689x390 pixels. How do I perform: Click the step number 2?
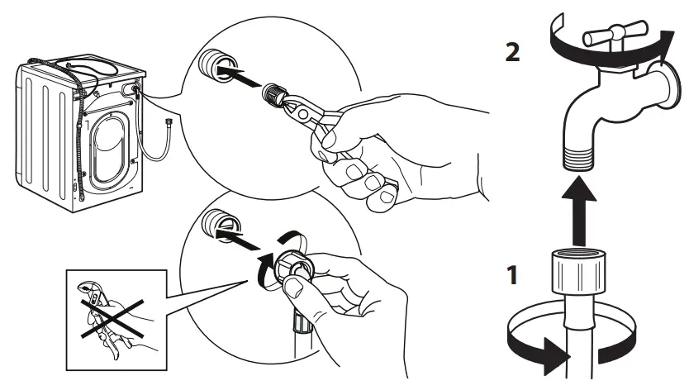[512, 52]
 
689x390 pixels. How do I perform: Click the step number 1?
[512, 275]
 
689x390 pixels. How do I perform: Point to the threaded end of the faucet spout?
[578, 158]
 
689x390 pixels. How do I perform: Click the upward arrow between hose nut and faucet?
[579, 210]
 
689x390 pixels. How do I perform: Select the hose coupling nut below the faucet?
[578, 271]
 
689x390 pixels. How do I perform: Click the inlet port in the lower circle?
[221, 224]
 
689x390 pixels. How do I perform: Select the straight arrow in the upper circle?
[240, 76]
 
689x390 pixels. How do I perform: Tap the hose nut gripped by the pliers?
[273, 94]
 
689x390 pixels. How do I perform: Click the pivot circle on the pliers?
[302, 114]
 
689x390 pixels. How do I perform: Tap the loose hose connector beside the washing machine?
[169, 121]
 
